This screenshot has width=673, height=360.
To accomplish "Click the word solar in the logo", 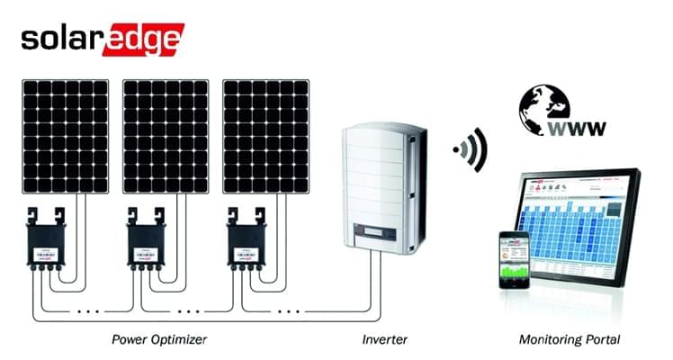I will [x=60, y=40].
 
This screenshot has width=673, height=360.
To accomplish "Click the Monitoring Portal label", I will [x=570, y=340].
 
